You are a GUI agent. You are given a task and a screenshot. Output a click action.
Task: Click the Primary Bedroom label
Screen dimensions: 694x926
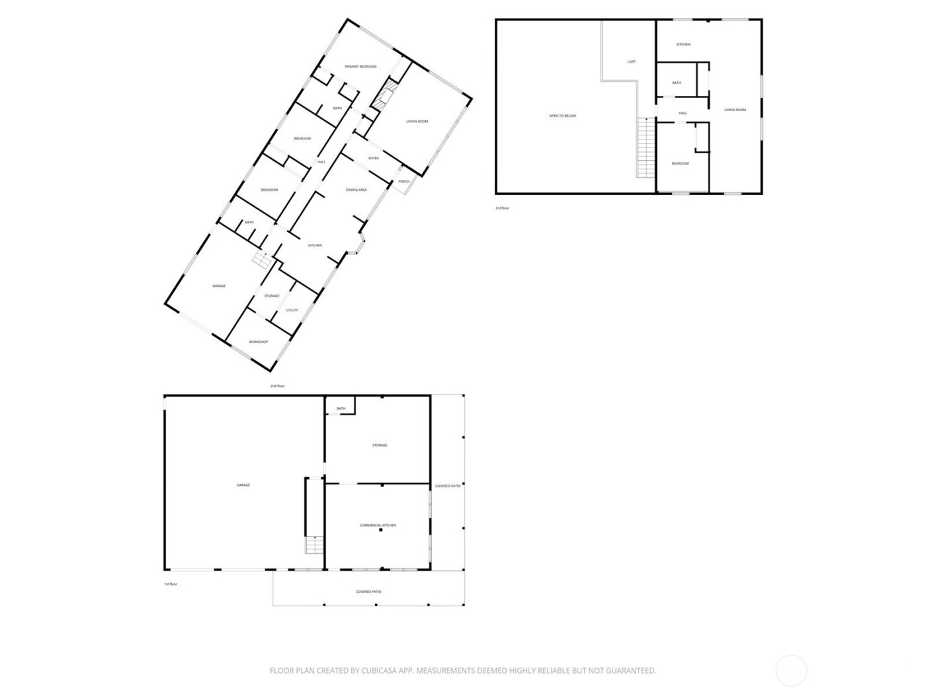coord(360,67)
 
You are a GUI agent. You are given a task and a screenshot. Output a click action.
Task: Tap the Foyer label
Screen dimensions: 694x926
coord(374,159)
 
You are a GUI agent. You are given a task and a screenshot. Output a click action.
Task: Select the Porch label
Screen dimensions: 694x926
coord(403,182)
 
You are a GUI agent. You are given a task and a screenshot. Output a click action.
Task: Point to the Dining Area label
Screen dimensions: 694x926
coord(357,190)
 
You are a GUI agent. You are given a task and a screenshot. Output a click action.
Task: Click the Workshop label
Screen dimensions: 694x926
coord(258,342)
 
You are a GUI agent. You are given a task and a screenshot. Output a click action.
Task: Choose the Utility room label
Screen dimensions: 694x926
coord(292,310)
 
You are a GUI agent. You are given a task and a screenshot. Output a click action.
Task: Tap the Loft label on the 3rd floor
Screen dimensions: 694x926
coord(632,61)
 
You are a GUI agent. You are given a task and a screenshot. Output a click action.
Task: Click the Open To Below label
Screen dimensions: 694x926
coord(563,116)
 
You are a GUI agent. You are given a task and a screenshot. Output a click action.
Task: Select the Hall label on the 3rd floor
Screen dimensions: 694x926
coord(683,113)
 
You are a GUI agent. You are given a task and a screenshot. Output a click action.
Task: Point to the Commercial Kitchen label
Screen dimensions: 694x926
coord(378,525)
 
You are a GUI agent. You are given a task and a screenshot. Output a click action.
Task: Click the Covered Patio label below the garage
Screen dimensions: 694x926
coord(368,592)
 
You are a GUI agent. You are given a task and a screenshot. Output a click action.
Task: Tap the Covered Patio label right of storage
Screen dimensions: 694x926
coord(448,486)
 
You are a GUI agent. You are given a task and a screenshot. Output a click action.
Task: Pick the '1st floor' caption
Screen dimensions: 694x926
coord(171,584)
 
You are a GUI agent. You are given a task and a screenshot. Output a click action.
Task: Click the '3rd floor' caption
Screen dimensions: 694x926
coord(503,208)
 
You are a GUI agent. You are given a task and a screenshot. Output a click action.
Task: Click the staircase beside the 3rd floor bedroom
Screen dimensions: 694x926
coord(645,148)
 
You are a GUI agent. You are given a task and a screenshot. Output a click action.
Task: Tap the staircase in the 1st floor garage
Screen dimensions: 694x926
coord(314,546)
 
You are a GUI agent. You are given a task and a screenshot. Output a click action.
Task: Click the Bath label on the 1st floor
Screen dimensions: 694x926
coord(341,408)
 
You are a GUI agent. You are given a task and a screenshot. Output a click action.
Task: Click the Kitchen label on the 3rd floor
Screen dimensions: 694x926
coord(683,44)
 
